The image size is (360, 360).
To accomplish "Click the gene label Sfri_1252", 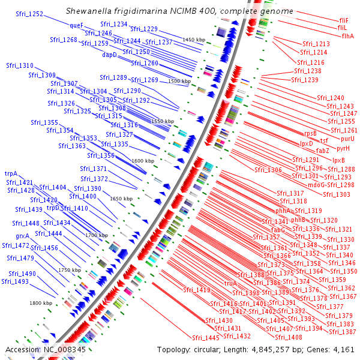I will (28, 14).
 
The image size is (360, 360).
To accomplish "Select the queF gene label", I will (76, 26).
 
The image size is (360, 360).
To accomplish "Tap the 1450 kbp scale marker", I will (194, 40).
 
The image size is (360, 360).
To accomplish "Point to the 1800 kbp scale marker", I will (41, 303).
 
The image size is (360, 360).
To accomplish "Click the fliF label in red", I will (344, 20).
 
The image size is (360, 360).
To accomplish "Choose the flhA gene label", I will (348, 36).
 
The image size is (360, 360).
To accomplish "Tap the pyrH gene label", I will (343, 148).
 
